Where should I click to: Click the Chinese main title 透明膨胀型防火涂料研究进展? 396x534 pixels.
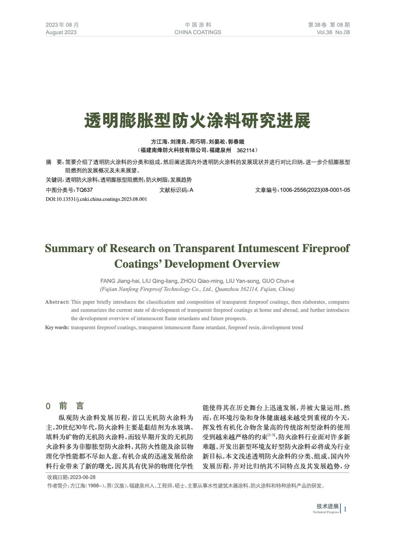(x=198, y=121)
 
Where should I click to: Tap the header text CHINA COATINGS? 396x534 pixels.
(x=198, y=32)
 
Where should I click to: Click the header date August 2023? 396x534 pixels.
(x=61, y=32)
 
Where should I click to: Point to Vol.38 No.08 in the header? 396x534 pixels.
(x=333, y=32)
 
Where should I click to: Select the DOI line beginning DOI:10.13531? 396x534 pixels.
(x=96, y=199)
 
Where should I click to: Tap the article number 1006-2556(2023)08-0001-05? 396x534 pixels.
(x=315, y=190)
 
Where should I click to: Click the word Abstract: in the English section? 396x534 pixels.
(x=57, y=302)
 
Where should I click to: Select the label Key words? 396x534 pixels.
(x=57, y=327)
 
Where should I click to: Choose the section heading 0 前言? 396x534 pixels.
(x=65, y=406)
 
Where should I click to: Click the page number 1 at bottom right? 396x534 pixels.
(x=345, y=509)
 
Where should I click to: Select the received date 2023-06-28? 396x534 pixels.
(x=82, y=477)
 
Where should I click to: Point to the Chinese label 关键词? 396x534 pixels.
(x=54, y=180)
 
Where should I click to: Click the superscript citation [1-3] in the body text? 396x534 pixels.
(x=272, y=435)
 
